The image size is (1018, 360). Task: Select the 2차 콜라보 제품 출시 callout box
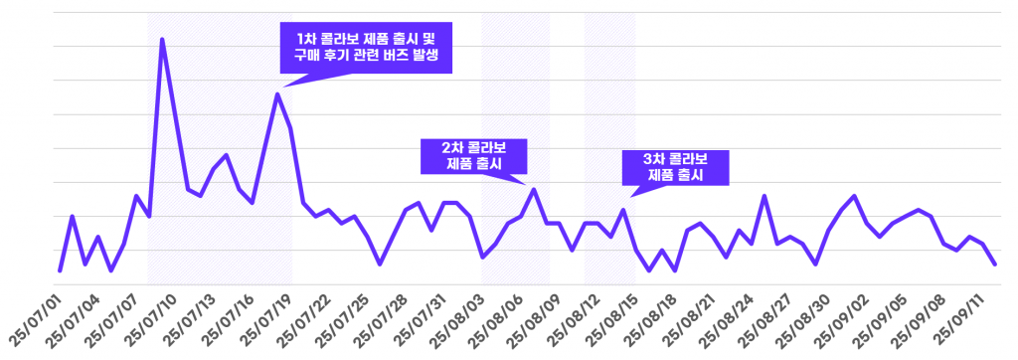pyautogui.click(x=473, y=155)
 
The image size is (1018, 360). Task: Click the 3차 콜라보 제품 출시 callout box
pyautogui.click(x=675, y=166)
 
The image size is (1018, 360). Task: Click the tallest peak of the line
pyautogui.click(x=162, y=40)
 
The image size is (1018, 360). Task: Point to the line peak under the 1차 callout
pyautogui.click(x=277, y=93)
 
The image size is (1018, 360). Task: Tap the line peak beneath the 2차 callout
pyautogui.click(x=534, y=189)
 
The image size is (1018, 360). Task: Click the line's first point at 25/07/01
pyautogui.click(x=60, y=270)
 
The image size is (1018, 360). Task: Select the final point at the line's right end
pyautogui.click(x=995, y=264)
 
